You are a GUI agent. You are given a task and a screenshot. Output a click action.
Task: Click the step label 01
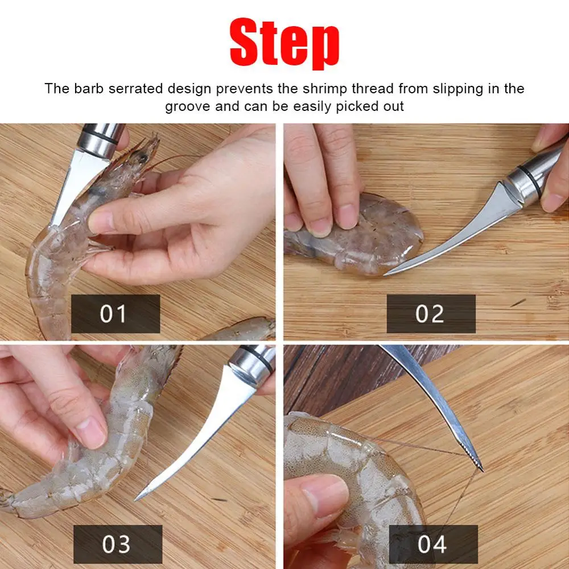(x=115, y=314)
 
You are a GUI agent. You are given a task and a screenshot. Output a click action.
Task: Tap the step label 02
(x=430, y=314)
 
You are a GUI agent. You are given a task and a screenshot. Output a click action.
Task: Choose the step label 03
(x=117, y=544)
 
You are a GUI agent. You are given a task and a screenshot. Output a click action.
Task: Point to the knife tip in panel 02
(x=387, y=274)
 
